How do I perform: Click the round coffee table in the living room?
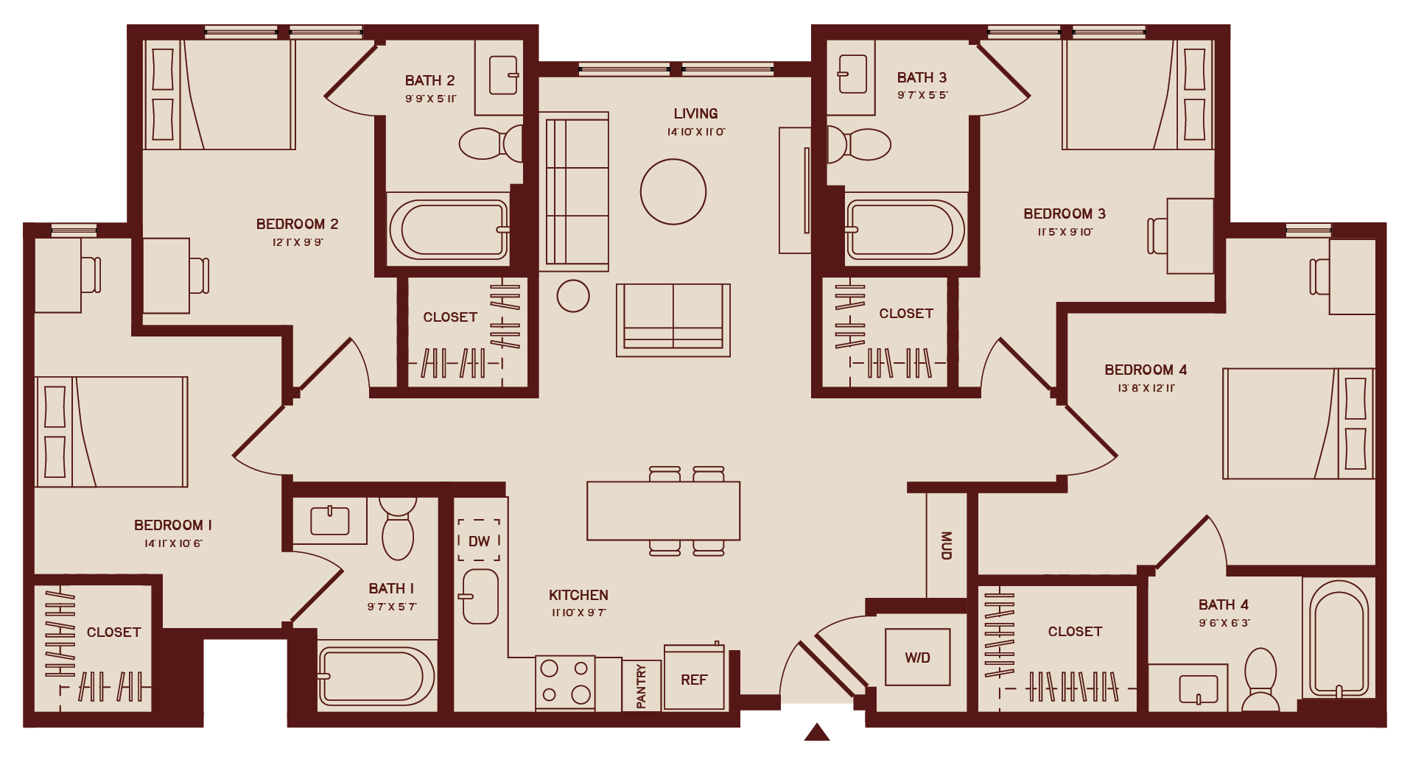673,192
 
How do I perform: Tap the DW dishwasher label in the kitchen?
479,541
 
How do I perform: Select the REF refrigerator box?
694,680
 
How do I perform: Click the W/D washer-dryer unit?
917,658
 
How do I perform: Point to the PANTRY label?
641,686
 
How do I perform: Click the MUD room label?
947,546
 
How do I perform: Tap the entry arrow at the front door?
817,732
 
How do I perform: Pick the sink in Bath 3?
852,74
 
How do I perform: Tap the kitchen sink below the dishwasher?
480,596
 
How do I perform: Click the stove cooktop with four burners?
565,681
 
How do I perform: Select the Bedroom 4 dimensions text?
1146,388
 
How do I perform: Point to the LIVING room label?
695,113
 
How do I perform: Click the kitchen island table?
663,510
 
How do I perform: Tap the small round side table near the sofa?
573,296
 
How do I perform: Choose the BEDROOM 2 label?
297,224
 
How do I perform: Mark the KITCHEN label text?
578,595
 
